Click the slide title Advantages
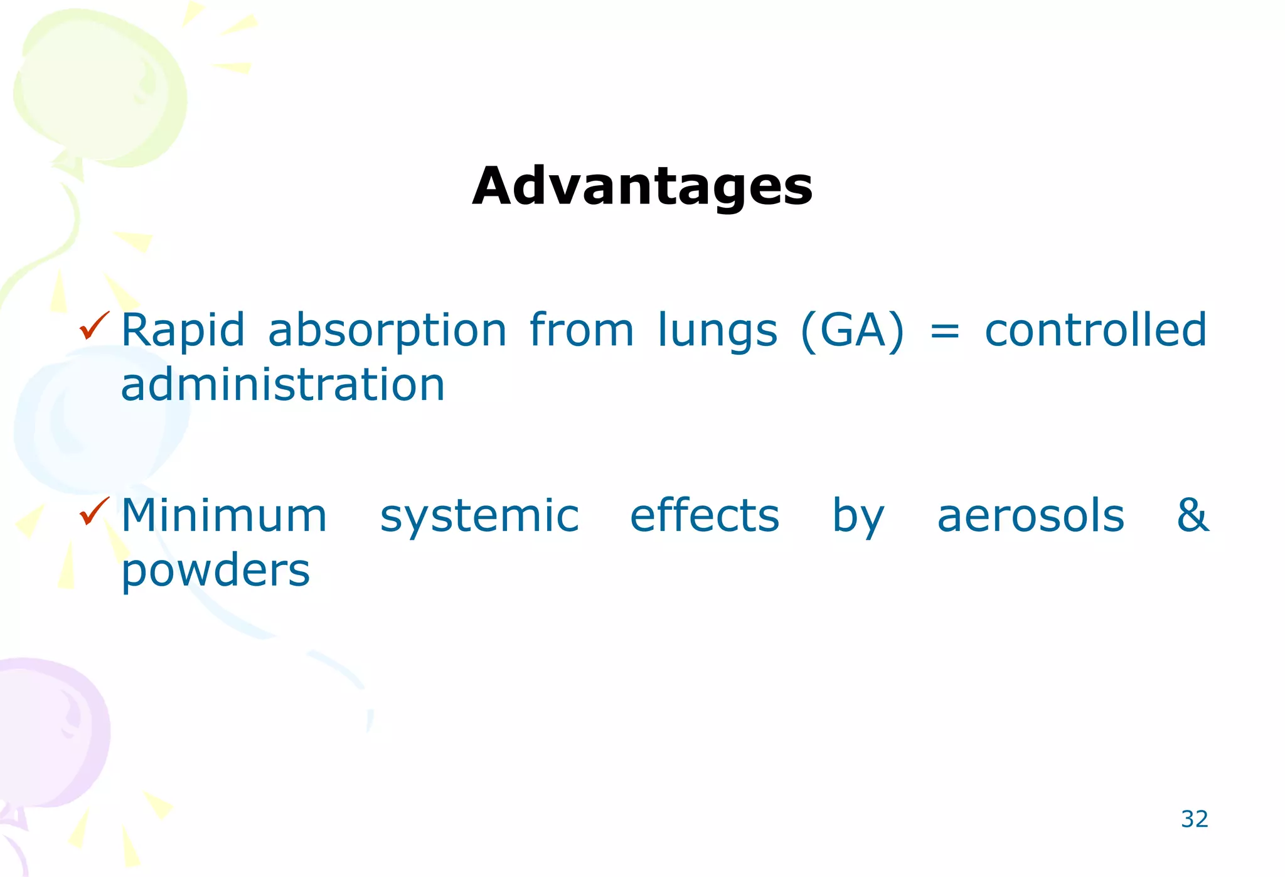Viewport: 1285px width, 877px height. tap(642, 186)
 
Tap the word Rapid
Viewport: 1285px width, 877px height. tap(183, 330)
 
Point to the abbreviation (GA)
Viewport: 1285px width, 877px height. tap(853, 331)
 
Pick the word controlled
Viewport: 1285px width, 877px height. tap(1096, 330)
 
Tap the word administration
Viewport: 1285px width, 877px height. tap(282, 385)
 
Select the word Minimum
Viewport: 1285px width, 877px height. tap(224, 516)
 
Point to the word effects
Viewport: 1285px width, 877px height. tap(705, 516)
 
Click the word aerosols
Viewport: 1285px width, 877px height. tap(1030, 516)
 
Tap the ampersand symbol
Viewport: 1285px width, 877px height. tap(1192, 515)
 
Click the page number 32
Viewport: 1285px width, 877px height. tap(1194, 819)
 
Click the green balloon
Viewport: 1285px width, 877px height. tap(100, 88)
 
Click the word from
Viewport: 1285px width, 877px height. tap(582, 330)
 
